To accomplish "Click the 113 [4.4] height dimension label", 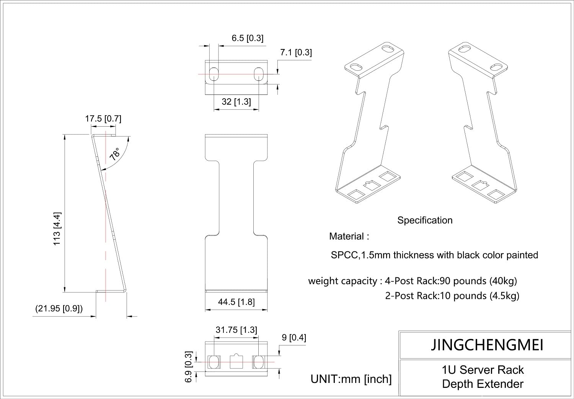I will pos(57,228).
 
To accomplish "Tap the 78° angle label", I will pos(115,154).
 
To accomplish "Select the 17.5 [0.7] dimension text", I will pos(103,119).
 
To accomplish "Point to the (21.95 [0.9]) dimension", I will pos(59,308).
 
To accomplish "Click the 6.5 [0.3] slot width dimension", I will pos(247,38).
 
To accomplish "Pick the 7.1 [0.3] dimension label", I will pos(296,52).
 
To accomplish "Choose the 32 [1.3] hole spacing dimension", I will pos(236,101).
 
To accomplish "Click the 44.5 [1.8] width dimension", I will pos(236,302).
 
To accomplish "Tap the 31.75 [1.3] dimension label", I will pos(236,330).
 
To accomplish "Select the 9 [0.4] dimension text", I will pos(294,337).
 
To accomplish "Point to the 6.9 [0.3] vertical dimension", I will pos(188,367).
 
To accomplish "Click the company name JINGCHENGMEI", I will pos(487,345).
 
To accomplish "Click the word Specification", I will pos(425,220).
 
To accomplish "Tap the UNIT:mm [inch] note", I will pos(351,379).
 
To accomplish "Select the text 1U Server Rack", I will pos(483,370).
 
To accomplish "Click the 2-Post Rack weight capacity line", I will pos(452,296).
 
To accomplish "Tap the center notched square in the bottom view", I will pos(236,361).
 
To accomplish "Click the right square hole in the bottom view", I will pos(258,361).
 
